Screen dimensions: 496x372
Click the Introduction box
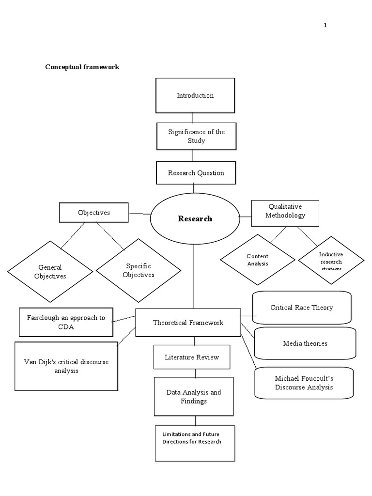(x=195, y=95)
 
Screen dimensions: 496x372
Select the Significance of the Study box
(x=196, y=136)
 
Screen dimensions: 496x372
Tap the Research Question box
(x=196, y=173)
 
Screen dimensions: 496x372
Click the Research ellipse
(x=195, y=219)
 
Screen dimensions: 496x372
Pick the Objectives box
(x=94, y=213)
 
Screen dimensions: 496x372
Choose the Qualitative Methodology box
(x=285, y=213)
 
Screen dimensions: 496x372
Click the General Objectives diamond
(x=50, y=272)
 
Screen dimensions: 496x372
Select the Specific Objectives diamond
(x=139, y=270)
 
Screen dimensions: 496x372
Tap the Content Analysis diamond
(x=258, y=260)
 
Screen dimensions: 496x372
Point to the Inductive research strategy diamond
(x=331, y=261)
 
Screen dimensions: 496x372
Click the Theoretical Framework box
(x=188, y=323)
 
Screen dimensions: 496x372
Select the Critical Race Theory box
(x=302, y=308)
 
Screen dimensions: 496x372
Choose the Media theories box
(x=305, y=343)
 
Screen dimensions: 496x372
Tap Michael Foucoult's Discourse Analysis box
(x=304, y=383)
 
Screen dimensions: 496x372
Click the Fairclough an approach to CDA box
(x=66, y=322)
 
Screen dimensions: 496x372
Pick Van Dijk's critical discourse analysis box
(x=66, y=366)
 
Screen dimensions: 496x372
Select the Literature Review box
(x=192, y=357)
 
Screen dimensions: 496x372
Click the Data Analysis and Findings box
(x=194, y=396)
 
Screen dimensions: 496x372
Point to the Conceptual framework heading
(x=82, y=67)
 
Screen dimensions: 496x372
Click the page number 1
(x=325, y=26)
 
